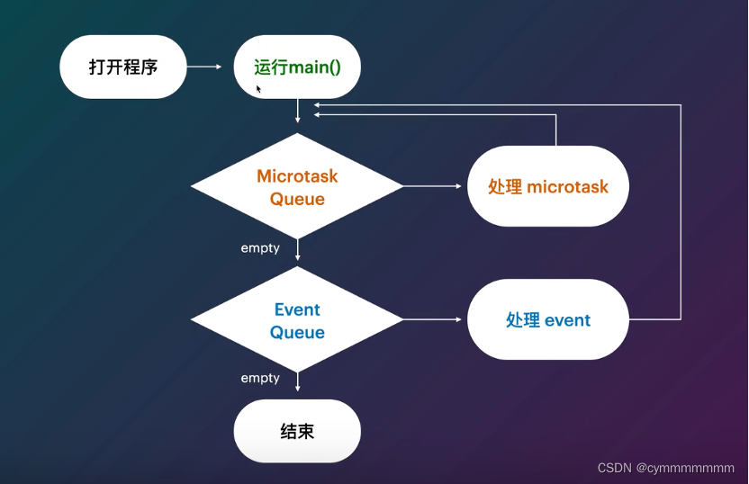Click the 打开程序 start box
pos(122,67)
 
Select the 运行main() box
pos(297,67)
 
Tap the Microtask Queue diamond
pos(297,186)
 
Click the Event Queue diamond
pos(297,320)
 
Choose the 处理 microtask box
pos(547,186)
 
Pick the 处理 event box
pos(547,320)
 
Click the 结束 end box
pos(297,431)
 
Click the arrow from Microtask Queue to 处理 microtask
pos(434,186)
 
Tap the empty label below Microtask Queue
pos(260,247)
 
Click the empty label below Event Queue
pos(260,378)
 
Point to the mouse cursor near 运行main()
pos(259,89)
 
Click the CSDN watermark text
pos(617,468)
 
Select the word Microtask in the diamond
pos(297,175)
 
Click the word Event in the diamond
pos(297,309)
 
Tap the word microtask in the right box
pos(567,187)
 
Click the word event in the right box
pos(567,320)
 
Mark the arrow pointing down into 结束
pos(297,385)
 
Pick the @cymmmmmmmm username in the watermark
pos(686,468)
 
